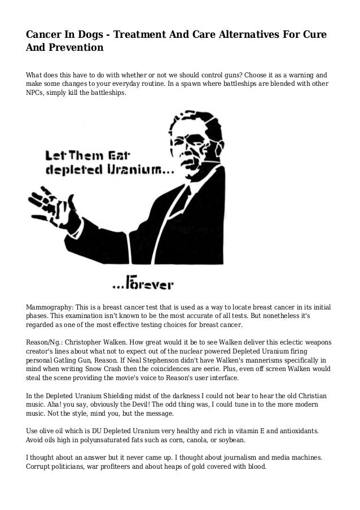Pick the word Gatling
tap(71, 360)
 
